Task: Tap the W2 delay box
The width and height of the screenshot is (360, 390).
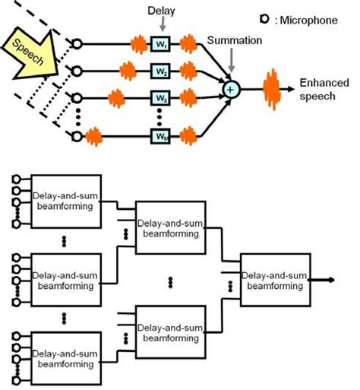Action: (x=160, y=72)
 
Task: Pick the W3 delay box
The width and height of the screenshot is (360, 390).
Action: (x=160, y=99)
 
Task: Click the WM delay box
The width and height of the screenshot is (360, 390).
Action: (x=160, y=136)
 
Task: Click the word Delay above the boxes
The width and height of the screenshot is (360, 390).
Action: (x=163, y=10)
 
